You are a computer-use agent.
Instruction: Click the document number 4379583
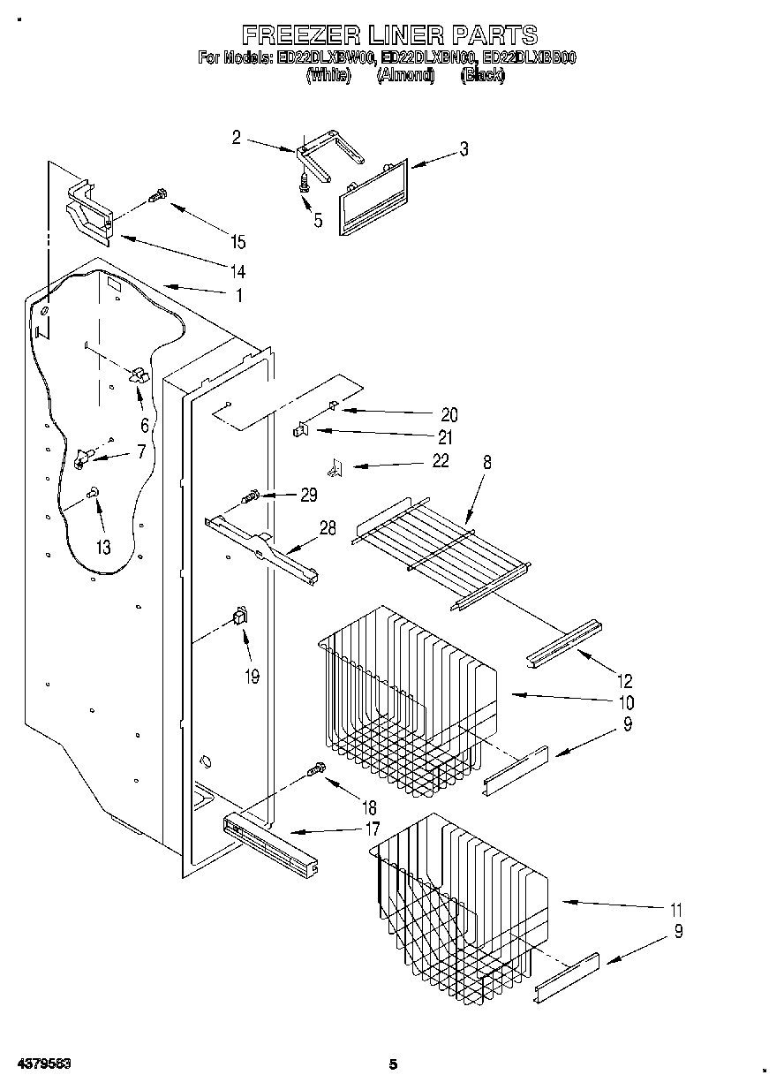[x=43, y=1064]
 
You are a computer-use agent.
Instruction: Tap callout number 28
[x=328, y=528]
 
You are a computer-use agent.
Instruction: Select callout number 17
[x=372, y=829]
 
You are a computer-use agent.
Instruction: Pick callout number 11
[x=676, y=909]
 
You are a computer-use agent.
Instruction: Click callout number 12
[x=625, y=681]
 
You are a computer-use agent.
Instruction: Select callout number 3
[x=464, y=149]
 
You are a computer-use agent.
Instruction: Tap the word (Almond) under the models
[x=406, y=76]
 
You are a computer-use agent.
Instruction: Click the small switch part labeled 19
[x=238, y=616]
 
